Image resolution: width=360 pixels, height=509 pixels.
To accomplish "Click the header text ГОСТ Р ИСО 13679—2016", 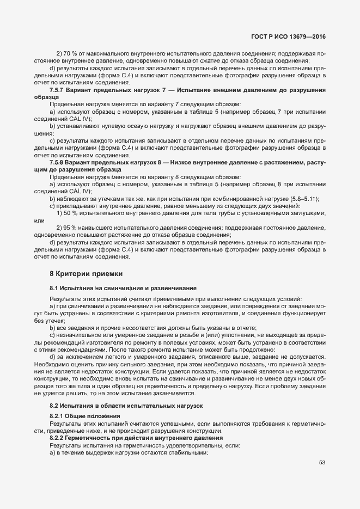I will [292, 37].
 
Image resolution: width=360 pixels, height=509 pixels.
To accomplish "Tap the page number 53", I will [322, 463].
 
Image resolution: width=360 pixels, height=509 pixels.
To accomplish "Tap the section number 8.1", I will [54, 287].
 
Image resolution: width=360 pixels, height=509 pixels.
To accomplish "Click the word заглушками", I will [307, 213].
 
